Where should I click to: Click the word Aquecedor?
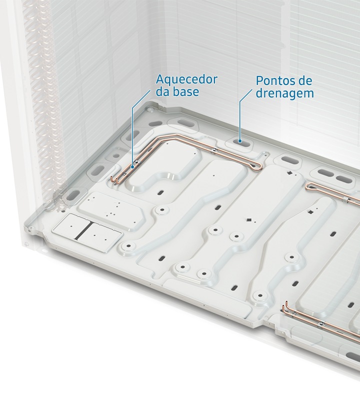pos(186,80)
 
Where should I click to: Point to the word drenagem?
pos(284,93)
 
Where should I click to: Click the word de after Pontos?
pos(303,80)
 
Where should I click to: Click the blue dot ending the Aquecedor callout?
pos(132,167)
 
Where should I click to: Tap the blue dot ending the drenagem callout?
pos(239,141)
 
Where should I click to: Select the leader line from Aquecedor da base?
pos(132,127)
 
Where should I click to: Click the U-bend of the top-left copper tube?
pos(259,166)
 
